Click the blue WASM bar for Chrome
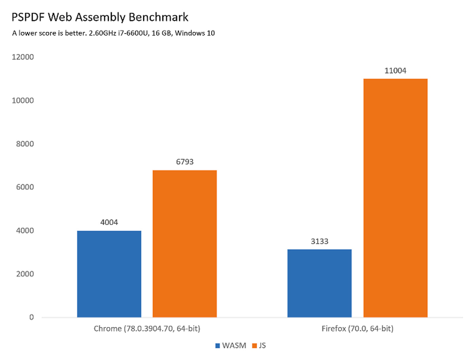click(109, 274)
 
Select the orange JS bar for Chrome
click(185, 244)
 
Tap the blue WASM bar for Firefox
click(319, 283)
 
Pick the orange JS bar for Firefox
click(395, 198)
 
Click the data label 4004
click(109, 222)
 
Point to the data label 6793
click(185, 162)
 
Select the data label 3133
click(319, 241)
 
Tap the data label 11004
click(395, 71)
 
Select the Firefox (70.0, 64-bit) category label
click(357, 329)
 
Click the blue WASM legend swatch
click(217, 346)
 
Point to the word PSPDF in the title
click(27, 18)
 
